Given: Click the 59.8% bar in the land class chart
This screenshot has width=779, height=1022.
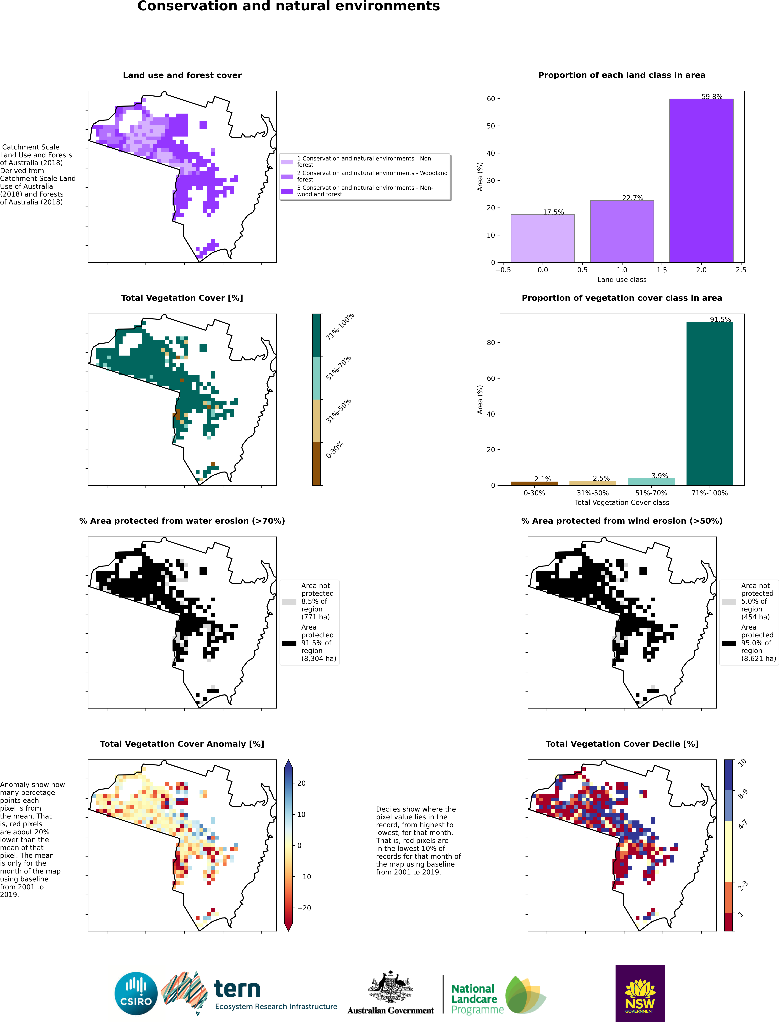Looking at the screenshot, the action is tap(701, 181).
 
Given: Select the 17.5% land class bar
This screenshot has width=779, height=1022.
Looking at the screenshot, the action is tap(542, 238).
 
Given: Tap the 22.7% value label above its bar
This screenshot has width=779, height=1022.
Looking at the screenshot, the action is tap(633, 198).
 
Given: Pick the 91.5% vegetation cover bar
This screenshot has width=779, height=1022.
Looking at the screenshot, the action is tap(709, 404).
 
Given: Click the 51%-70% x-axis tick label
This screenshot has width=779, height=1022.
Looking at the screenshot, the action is tap(651, 493).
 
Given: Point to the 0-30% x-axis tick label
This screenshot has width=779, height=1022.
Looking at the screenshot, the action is tap(534, 493).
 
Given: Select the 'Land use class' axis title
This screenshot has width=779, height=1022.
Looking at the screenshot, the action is tap(622, 279).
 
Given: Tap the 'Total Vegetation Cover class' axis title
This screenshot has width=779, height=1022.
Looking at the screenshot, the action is tap(622, 502).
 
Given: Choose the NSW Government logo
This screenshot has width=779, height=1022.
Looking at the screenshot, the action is tap(640, 993).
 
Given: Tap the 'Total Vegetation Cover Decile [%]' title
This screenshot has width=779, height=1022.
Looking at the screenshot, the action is tap(622, 744).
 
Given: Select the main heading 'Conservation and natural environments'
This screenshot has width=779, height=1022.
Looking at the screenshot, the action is tap(288, 6).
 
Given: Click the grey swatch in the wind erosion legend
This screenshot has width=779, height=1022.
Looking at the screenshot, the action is tap(729, 602).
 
